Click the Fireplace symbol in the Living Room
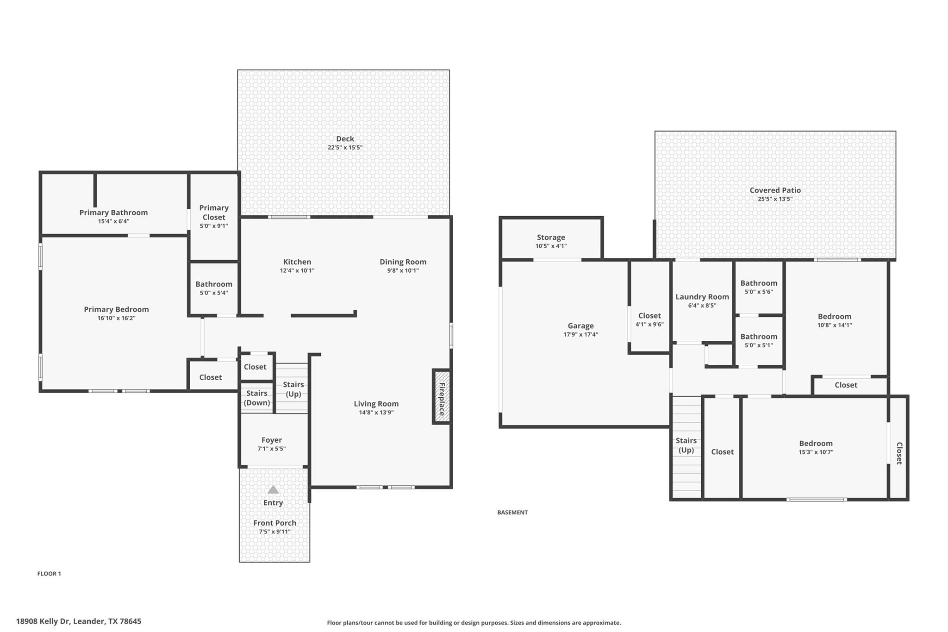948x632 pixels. [x=442, y=396]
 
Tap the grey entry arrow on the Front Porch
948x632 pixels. [x=273, y=489]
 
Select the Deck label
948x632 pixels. [x=345, y=138]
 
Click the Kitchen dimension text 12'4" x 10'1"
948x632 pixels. [x=297, y=270]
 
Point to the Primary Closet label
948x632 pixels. [x=214, y=213]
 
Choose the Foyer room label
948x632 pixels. [x=272, y=440]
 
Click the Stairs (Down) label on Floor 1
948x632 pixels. [x=257, y=398]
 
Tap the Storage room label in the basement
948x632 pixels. [x=551, y=237]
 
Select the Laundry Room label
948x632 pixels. [x=702, y=297]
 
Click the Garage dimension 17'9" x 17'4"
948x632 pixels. [x=581, y=334]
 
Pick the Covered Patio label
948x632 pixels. [x=775, y=190]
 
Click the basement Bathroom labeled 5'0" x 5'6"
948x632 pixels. [x=759, y=283]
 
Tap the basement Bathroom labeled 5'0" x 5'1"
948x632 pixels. [x=759, y=337]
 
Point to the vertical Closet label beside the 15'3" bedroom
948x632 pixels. [x=899, y=453]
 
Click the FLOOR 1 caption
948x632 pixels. [x=49, y=574]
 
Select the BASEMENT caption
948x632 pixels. [x=512, y=512]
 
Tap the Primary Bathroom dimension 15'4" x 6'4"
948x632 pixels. [x=113, y=221]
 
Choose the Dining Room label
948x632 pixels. [x=403, y=262]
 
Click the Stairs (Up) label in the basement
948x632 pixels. [x=686, y=445]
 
